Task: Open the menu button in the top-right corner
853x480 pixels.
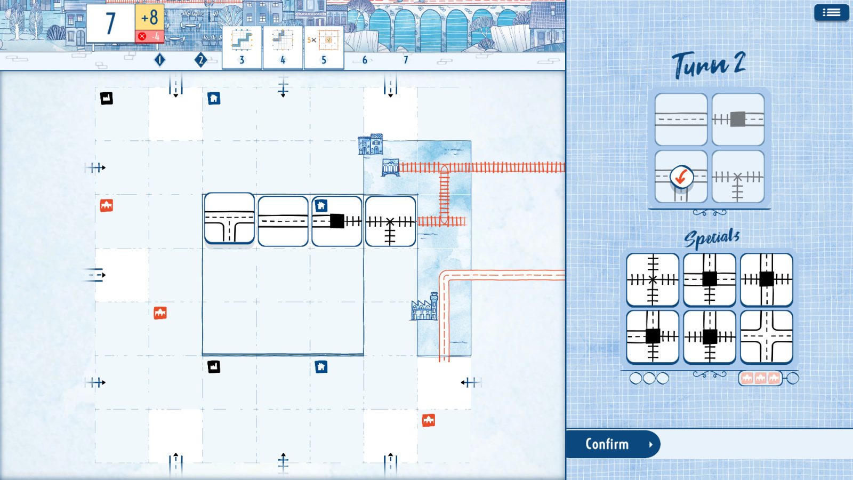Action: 831,12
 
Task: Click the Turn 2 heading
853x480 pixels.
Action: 709,65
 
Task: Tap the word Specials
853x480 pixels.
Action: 712,238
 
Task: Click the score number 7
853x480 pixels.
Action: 110,23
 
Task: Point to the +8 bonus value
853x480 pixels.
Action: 149,17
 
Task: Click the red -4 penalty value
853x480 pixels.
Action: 150,36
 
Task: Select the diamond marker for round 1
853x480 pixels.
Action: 159,60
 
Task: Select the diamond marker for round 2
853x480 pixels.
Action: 200,60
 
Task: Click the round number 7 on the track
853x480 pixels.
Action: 406,60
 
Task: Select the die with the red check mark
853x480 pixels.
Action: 681,176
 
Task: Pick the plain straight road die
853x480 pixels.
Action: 681,119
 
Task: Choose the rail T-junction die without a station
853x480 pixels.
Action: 738,177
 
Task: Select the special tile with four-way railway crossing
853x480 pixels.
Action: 653,279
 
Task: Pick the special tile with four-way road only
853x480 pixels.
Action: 767,337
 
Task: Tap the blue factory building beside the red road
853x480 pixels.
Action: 424,308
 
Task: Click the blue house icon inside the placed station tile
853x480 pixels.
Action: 321,206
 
